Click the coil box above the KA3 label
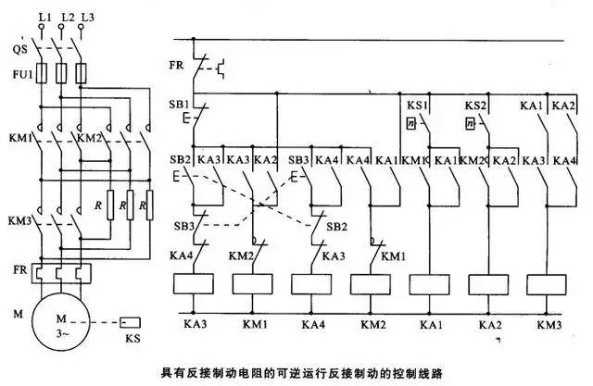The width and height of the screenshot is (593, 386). (193, 283)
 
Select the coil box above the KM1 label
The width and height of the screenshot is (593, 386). (252, 283)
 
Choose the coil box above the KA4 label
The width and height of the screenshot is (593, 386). (312, 283)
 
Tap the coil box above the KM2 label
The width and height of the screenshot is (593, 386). (371, 283)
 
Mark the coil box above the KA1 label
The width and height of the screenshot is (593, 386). (429, 283)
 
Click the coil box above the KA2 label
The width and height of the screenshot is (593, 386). (488, 283)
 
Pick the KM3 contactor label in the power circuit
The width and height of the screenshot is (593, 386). (19, 222)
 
